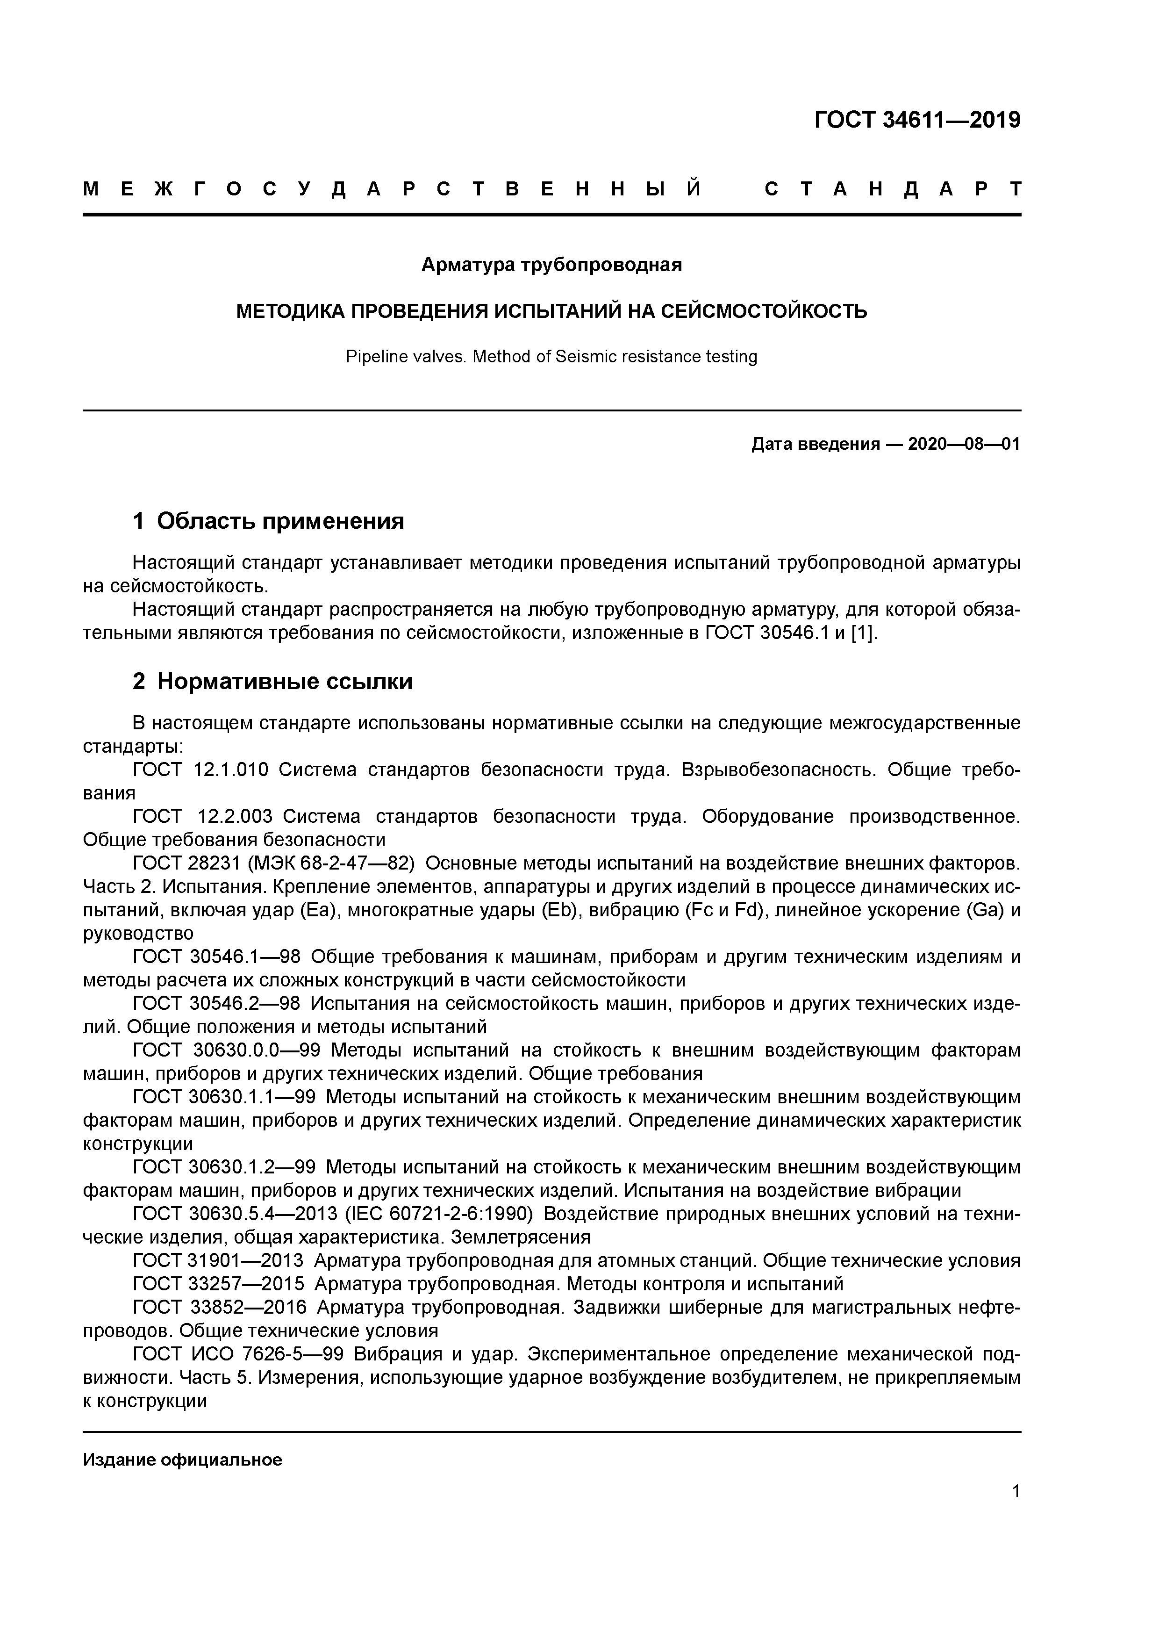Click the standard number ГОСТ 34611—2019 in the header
(917, 120)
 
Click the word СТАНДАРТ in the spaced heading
(893, 189)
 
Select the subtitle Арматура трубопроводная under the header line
(551, 265)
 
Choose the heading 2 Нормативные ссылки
(273, 682)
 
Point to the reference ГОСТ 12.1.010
(200, 770)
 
